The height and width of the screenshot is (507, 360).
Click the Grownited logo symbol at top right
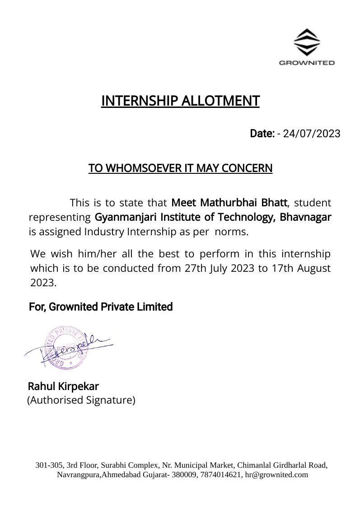[307, 42]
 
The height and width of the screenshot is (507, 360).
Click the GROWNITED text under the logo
[307, 63]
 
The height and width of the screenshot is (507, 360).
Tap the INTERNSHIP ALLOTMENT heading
[180, 101]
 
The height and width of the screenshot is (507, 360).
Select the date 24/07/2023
[312, 134]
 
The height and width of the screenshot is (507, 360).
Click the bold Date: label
[262, 134]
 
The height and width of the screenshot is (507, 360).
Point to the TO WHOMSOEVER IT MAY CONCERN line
[180, 168]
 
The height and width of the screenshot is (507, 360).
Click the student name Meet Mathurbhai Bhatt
[229, 202]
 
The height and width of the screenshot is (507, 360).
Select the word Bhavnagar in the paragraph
[305, 217]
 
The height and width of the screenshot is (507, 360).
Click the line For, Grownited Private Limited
[101, 307]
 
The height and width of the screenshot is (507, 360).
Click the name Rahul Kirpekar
[63, 386]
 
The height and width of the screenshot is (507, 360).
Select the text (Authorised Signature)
[81, 400]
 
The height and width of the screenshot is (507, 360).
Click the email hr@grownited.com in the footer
[276, 474]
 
